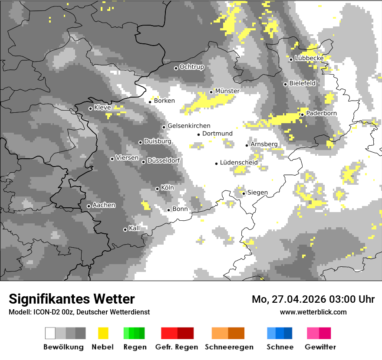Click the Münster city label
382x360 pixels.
tap(227, 91)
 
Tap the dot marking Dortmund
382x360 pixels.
tap(198, 134)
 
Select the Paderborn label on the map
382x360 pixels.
tap(321, 113)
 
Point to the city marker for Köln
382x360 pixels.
tap(157, 189)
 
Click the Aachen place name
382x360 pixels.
tap(104, 205)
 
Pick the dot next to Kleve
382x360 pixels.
tap(90, 108)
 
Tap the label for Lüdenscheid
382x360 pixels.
tap(239, 163)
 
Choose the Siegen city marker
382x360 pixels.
tap(244, 193)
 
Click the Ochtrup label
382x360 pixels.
tap(191, 67)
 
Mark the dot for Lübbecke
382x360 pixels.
tap(291, 59)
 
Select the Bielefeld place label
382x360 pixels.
tap(302, 83)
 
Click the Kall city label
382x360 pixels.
tap(135, 228)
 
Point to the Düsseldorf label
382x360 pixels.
tap(164, 161)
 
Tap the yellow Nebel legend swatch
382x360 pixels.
tap(103, 333)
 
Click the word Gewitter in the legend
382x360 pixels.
tap(320, 347)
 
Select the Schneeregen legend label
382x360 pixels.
tap(229, 347)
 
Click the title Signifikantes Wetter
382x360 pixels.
tap(72, 299)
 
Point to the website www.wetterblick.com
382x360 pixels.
tap(313, 312)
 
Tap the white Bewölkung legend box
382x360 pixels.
tap(50, 333)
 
